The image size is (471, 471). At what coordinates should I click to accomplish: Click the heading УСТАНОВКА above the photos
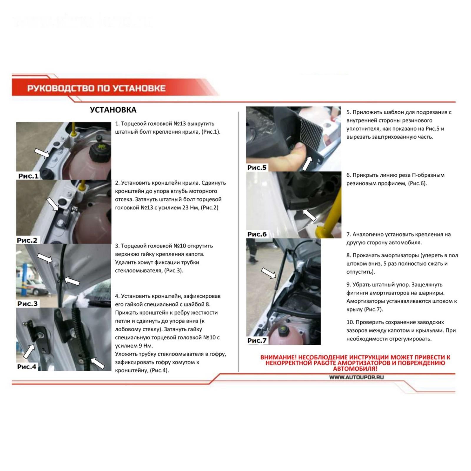[113, 110]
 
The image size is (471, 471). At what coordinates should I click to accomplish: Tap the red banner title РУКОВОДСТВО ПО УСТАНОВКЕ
[96, 88]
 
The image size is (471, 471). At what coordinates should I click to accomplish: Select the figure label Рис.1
[28, 176]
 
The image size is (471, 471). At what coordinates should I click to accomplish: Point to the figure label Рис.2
[27, 240]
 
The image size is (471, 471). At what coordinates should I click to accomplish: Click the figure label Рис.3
[28, 304]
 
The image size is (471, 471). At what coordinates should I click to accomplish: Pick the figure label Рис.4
[27, 367]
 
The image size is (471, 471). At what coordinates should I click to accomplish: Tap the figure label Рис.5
[257, 167]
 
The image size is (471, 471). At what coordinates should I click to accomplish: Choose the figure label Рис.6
[257, 234]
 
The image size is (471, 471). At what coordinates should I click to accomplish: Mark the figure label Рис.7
[257, 341]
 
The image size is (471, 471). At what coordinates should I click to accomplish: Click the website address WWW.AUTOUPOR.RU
[356, 377]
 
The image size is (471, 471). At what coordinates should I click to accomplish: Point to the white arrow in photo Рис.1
[42, 153]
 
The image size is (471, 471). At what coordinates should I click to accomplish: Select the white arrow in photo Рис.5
[307, 163]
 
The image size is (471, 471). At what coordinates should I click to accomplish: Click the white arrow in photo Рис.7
[269, 273]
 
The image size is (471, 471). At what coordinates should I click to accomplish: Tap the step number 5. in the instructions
[349, 112]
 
